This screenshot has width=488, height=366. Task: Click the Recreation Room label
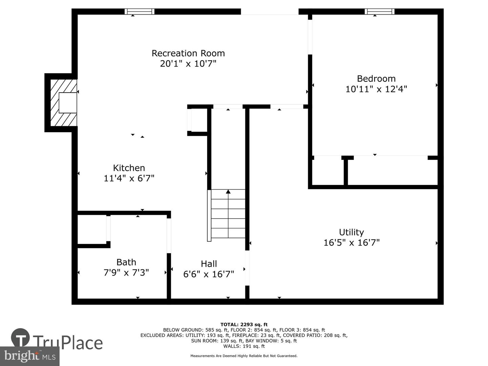188,53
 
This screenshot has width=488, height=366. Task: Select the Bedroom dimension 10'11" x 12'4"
376,89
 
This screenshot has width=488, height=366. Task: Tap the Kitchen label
129,168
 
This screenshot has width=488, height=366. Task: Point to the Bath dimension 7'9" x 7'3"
126,272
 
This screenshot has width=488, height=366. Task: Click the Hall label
209,264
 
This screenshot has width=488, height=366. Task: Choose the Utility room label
351,232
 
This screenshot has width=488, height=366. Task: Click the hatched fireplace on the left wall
63,102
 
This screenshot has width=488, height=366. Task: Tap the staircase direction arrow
228,192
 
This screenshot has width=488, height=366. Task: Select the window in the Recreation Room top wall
139,12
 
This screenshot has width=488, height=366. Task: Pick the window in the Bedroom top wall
380,12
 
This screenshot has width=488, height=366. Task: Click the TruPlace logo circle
20,338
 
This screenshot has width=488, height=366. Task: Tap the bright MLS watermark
30,356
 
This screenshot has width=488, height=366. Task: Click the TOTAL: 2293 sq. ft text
244,325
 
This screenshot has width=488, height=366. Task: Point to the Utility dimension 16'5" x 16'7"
351,243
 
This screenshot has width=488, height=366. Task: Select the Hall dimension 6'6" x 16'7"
209,274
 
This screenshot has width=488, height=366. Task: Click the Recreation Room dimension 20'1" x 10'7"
188,64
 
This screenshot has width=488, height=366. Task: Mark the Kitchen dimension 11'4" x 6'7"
129,178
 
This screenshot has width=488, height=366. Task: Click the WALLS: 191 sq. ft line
244,346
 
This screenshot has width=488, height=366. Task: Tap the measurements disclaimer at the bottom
244,356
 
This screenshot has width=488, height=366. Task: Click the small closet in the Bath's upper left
92,229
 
